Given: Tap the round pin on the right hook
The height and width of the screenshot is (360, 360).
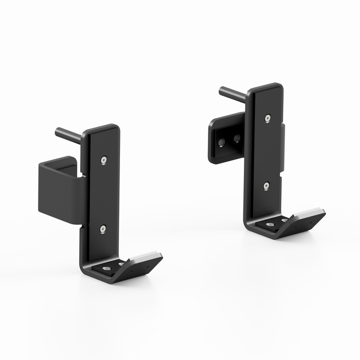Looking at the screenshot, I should tap(232, 93).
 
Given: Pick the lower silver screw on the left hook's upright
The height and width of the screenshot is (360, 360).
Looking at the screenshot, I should tap(103, 229).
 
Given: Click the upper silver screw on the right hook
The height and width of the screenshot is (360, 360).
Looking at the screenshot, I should tap(267, 118).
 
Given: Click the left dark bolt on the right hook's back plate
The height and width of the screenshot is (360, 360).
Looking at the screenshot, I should tap(221, 143).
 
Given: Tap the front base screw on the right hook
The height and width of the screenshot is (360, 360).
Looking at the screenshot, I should tap(270, 225).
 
